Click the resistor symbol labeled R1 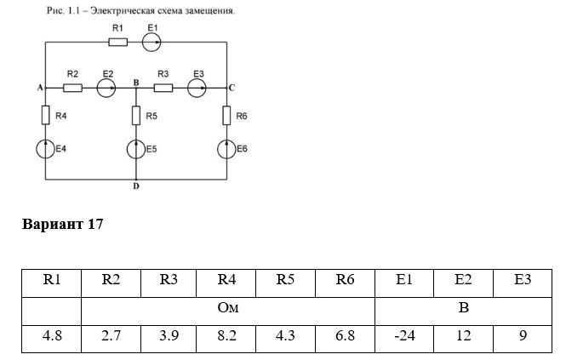point(118,43)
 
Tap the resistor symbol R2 point(72,88)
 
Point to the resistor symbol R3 point(163,88)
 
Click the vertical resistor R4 point(45,115)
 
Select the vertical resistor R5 point(136,115)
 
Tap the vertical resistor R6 point(226,115)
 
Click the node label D point(136,186)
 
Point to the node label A point(40,88)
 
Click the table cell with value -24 point(404,339)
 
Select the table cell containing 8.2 point(226,339)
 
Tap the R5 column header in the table point(285,283)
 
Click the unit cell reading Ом point(228,311)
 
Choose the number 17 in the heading point(95,224)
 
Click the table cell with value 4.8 point(52,339)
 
